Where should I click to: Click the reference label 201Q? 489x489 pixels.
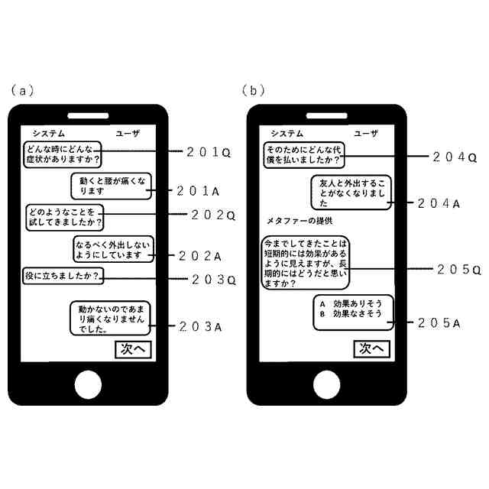coord(209,152)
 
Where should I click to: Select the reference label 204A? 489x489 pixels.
coord(439,203)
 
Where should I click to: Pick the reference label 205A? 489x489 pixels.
coord(439,322)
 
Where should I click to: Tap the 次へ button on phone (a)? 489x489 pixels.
coord(133,349)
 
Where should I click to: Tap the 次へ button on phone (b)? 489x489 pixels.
coord(372,349)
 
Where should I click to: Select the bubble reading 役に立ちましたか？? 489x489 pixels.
coord(63,275)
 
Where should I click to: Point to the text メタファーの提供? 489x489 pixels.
coord(299,221)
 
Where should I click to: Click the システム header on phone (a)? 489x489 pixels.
coord(45,133)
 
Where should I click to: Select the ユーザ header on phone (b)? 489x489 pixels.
coord(366,133)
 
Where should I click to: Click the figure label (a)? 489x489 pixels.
coord(22,90)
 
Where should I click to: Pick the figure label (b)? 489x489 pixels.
coord(254,90)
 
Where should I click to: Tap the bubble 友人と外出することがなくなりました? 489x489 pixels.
coord(351,193)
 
